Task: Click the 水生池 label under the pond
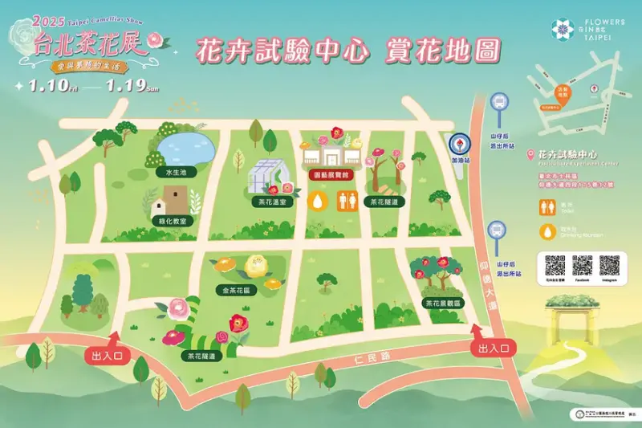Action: click(x=175, y=172)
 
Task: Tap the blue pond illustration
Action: click(x=185, y=148)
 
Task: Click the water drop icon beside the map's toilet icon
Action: click(x=319, y=199)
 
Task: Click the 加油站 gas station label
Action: click(x=460, y=161)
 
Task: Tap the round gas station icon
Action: click(x=459, y=144)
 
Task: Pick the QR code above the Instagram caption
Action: click(x=610, y=264)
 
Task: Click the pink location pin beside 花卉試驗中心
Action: click(x=529, y=153)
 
